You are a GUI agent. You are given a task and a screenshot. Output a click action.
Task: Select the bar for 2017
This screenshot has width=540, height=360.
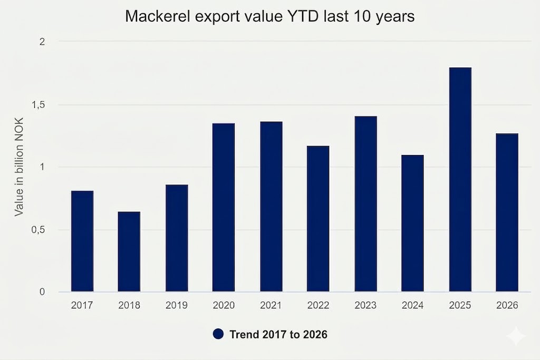(82, 241)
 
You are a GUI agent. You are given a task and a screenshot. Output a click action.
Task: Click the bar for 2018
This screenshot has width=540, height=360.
(129, 252)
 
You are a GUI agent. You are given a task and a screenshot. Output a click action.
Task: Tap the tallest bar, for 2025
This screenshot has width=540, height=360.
(460, 180)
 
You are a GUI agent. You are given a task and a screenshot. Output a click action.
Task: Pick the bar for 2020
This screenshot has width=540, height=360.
(224, 208)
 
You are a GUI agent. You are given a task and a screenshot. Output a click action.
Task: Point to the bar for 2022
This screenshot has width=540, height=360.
(318, 219)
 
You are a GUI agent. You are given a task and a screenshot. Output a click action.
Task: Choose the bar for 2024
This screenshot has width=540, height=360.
(412, 223)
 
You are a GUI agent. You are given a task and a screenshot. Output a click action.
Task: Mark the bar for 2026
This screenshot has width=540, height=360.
(507, 212)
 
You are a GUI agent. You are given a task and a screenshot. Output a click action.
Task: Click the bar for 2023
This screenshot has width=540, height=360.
(365, 204)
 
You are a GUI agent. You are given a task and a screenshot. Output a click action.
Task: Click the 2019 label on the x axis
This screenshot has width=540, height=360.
(177, 305)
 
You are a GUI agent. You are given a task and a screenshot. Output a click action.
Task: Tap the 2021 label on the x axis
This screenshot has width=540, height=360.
(271, 305)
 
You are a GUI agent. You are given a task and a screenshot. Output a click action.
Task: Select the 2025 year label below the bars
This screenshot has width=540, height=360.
(460, 305)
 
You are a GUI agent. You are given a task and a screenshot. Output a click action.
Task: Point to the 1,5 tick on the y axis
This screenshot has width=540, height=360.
(38, 105)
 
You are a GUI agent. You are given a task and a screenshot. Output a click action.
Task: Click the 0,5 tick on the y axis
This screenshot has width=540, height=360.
(38, 230)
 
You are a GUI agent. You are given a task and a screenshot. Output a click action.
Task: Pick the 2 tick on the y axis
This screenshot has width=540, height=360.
(42, 42)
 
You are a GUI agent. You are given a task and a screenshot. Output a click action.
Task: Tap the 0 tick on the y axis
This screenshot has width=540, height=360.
(42, 292)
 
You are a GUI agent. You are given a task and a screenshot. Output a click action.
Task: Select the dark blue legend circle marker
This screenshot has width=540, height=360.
(219, 334)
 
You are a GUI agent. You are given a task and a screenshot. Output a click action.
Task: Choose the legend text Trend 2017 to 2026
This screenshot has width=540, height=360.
(278, 334)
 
